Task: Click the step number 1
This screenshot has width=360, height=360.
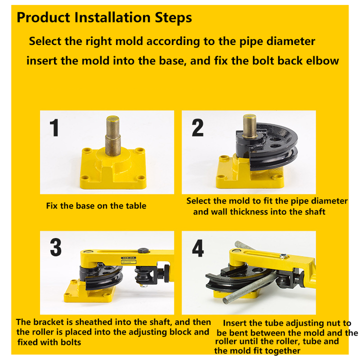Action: (54, 127)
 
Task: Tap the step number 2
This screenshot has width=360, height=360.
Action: (197, 127)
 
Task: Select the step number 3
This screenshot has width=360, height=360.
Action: (56, 247)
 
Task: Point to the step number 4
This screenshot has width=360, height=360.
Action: (197, 248)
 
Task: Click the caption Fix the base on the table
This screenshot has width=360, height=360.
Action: (96, 205)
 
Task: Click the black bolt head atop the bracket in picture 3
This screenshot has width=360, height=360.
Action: (143, 250)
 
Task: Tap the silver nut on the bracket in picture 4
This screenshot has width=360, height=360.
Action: (283, 255)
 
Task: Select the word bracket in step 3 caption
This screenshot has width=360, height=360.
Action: (48, 322)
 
